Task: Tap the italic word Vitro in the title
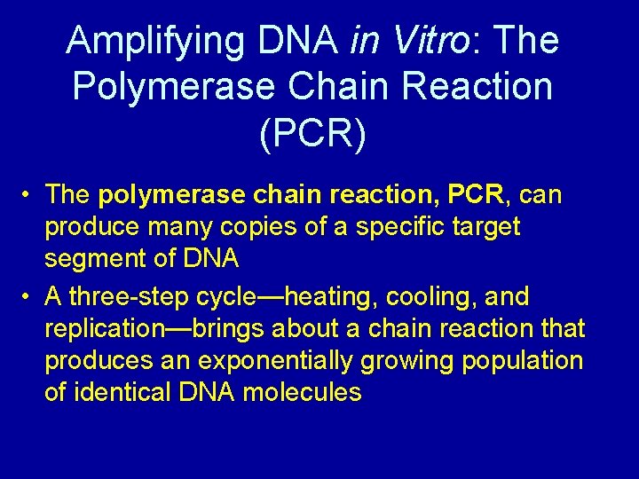[x=415, y=42]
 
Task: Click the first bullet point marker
[x=29, y=194]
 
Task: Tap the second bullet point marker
[x=29, y=296]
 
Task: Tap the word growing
[x=413, y=361]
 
